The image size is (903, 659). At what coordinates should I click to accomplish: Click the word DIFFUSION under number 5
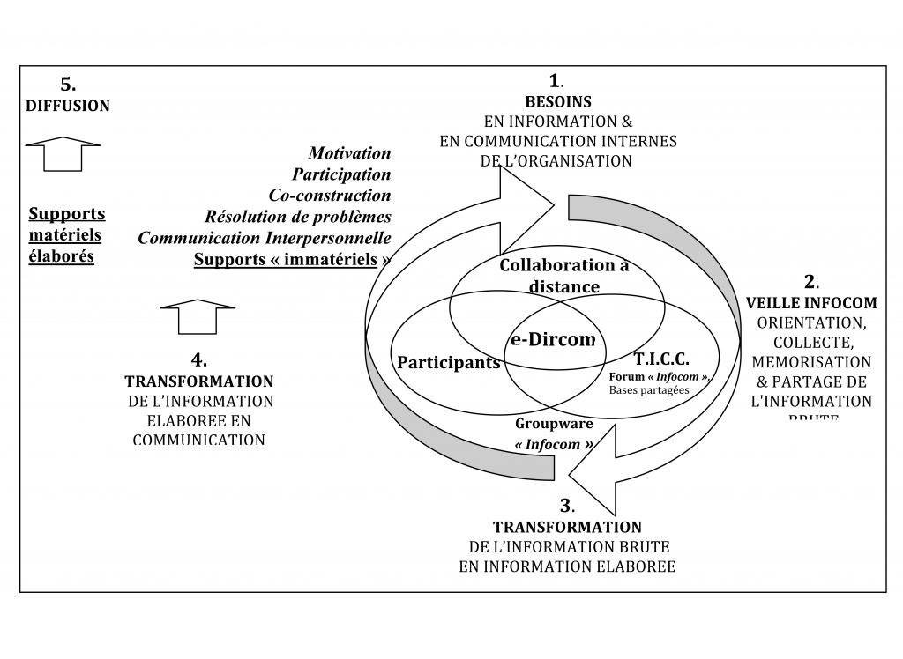pos(67,106)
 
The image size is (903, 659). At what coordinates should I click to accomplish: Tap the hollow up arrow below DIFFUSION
pos(63,155)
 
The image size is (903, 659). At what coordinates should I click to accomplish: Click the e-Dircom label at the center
pos(554,339)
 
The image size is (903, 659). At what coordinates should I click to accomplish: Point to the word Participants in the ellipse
pos(448,363)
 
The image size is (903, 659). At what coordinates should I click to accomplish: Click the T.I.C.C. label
pos(661,359)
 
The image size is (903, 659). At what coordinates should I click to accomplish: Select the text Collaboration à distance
pos(564,276)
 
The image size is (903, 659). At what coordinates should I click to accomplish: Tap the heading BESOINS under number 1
pos(557,102)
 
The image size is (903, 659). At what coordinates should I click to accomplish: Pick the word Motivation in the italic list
pos(349,153)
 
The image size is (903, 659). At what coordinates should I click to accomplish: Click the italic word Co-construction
pos(329,195)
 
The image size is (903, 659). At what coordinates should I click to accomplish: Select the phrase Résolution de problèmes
pos(298,216)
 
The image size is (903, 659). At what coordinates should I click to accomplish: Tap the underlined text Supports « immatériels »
pos(292,259)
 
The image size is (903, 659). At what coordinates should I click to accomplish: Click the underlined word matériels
pos(64,235)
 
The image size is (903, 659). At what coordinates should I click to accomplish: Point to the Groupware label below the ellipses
pos(554,424)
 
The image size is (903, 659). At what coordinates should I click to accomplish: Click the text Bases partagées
pos(653,390)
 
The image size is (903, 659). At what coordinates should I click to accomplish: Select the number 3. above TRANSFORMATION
pos(567,507)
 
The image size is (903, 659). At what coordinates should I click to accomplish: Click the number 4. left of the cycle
pos(199,360)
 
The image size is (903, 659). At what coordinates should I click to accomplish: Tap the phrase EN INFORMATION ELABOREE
pos(567,566)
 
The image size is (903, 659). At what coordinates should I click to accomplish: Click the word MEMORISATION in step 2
pos(810,362)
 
